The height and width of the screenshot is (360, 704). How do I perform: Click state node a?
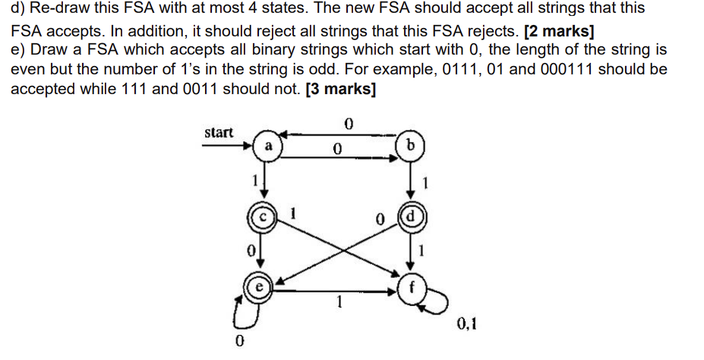pyautogui.click(x=267, y=146)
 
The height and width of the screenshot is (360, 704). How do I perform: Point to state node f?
pyautogui.click(x=411, y=288)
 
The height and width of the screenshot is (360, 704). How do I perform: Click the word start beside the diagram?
pyautogui.click(x=219, y=132)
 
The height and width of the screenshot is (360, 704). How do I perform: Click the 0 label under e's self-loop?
pyautogui.click(x=240, y=341)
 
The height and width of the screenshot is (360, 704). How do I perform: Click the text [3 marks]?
pyautogui.click(x=339, y=88)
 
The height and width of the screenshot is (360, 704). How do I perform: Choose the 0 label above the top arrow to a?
pyautogui.click(x=349, y=122)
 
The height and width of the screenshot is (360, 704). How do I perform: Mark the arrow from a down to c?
pyautogui.click(x=267, y=182)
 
